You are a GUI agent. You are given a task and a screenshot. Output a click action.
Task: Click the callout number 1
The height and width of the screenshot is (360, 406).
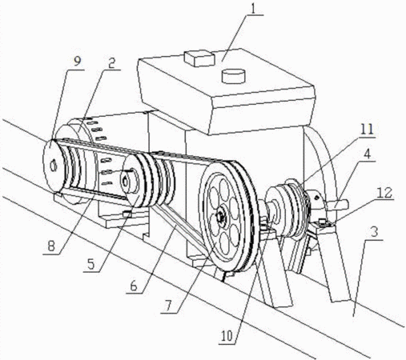tap(253, 9)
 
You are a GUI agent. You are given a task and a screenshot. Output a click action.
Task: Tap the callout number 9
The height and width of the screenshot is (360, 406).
tap(77, 62)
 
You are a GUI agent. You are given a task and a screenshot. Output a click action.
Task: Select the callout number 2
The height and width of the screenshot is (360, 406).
tap(111, 63)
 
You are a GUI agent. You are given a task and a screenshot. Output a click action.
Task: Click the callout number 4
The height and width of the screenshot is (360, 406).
tap(368, 154)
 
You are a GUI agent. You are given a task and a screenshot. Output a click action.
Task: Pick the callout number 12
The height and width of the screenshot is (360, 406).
tap(384, 193)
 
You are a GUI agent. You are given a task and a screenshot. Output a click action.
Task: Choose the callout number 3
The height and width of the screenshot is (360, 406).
tap(375, 232)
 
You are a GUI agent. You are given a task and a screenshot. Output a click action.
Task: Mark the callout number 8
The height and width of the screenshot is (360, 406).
tap(51, 246)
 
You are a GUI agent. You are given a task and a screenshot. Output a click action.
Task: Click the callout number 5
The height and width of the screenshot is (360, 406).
tap(91, 264)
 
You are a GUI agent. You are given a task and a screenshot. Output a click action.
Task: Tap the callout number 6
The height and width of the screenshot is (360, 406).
tap(134, 286)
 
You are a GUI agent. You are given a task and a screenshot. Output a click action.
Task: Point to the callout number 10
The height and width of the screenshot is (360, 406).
tap(227, 337)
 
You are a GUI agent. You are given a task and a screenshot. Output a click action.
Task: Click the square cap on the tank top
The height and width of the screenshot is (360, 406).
tap(199, 58)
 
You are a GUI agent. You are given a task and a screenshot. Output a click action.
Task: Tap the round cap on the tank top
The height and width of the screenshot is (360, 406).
tap(234, 76)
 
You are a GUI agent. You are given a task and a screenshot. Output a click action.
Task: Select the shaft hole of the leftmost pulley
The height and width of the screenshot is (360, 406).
tap(54, 166)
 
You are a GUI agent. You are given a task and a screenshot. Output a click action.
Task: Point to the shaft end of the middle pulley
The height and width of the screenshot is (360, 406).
tap(125, 182)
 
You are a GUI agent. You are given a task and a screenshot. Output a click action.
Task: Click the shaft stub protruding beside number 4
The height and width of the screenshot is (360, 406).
tap(338, 205)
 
